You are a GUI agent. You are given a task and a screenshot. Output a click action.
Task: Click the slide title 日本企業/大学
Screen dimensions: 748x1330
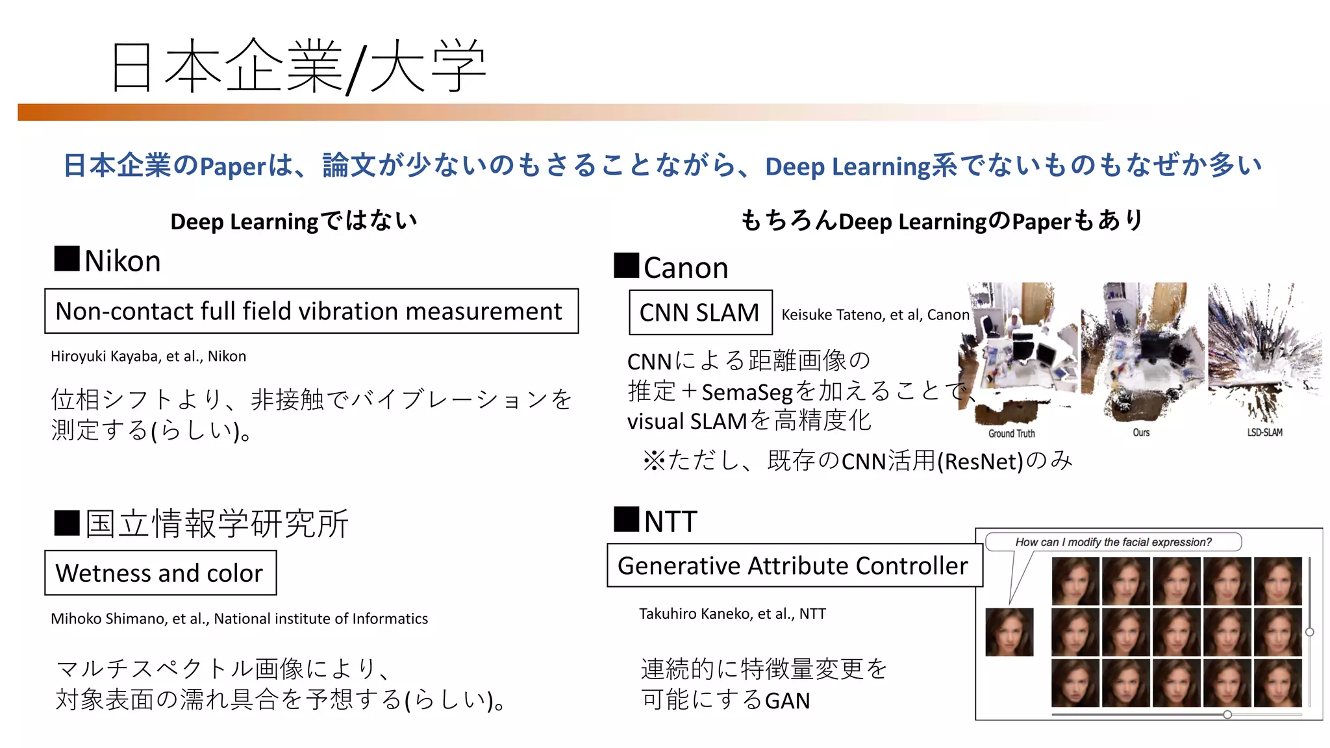point(299,66)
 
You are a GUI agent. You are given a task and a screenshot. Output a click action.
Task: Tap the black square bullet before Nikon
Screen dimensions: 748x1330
point(67,258)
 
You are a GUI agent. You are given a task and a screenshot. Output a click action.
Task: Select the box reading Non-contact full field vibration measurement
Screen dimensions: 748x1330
point(311,311)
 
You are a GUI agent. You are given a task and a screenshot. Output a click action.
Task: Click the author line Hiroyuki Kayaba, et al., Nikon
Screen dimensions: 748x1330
point(148,356)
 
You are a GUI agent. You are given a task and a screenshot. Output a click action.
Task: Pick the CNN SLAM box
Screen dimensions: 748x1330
point(700,312)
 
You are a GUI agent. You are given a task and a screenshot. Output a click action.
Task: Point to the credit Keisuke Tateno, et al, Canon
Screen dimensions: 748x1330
point(875,315)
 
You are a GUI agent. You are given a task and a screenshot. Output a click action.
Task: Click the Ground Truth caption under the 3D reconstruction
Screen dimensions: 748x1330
point(1011,433)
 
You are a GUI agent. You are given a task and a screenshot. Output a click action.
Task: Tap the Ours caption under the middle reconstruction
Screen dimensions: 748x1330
point(1141,432)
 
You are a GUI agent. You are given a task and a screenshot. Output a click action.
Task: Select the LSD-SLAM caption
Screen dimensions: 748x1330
point(1264,432)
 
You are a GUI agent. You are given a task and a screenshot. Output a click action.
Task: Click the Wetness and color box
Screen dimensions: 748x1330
point(160,573)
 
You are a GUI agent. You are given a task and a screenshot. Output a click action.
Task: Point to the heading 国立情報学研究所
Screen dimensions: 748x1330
point(217,523)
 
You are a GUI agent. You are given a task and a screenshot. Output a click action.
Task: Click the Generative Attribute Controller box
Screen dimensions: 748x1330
point(794,566)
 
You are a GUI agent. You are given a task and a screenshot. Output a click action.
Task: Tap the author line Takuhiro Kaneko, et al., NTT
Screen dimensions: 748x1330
point(732,614)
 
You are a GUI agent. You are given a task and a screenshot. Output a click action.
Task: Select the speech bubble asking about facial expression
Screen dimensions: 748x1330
point(1113,542)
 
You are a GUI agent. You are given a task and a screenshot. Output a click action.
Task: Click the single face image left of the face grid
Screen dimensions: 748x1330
point(1009,632)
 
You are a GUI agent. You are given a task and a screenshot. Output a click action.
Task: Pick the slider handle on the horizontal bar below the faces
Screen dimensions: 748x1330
point(1227,714)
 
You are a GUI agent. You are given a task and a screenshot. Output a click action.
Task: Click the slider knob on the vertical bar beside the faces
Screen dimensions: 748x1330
point(1310,632)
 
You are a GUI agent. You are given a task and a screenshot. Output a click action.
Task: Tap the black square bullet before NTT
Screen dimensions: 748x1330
point(626,519)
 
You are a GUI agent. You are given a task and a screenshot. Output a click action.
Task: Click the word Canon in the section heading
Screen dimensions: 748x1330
point(686,268)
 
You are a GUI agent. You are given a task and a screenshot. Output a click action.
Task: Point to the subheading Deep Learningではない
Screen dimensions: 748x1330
point(294,221)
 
